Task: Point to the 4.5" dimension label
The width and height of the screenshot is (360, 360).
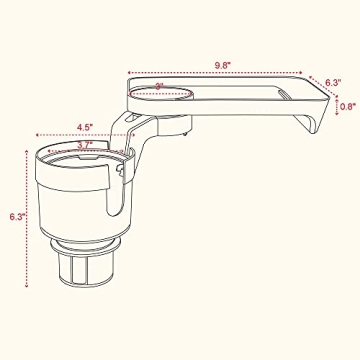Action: [86, 127]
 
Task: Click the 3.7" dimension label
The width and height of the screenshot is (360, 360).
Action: [88, 144]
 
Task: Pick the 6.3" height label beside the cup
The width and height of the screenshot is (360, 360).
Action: [15, 215]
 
